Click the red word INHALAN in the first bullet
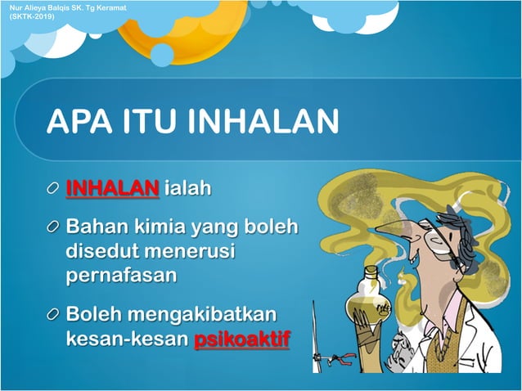pos(112,189)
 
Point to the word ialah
pos(187,189)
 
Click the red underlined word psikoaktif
pos(242,338)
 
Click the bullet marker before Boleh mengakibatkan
pos(53,315)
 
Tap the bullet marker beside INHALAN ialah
pos(53,190)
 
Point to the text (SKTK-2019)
pos(29,16)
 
